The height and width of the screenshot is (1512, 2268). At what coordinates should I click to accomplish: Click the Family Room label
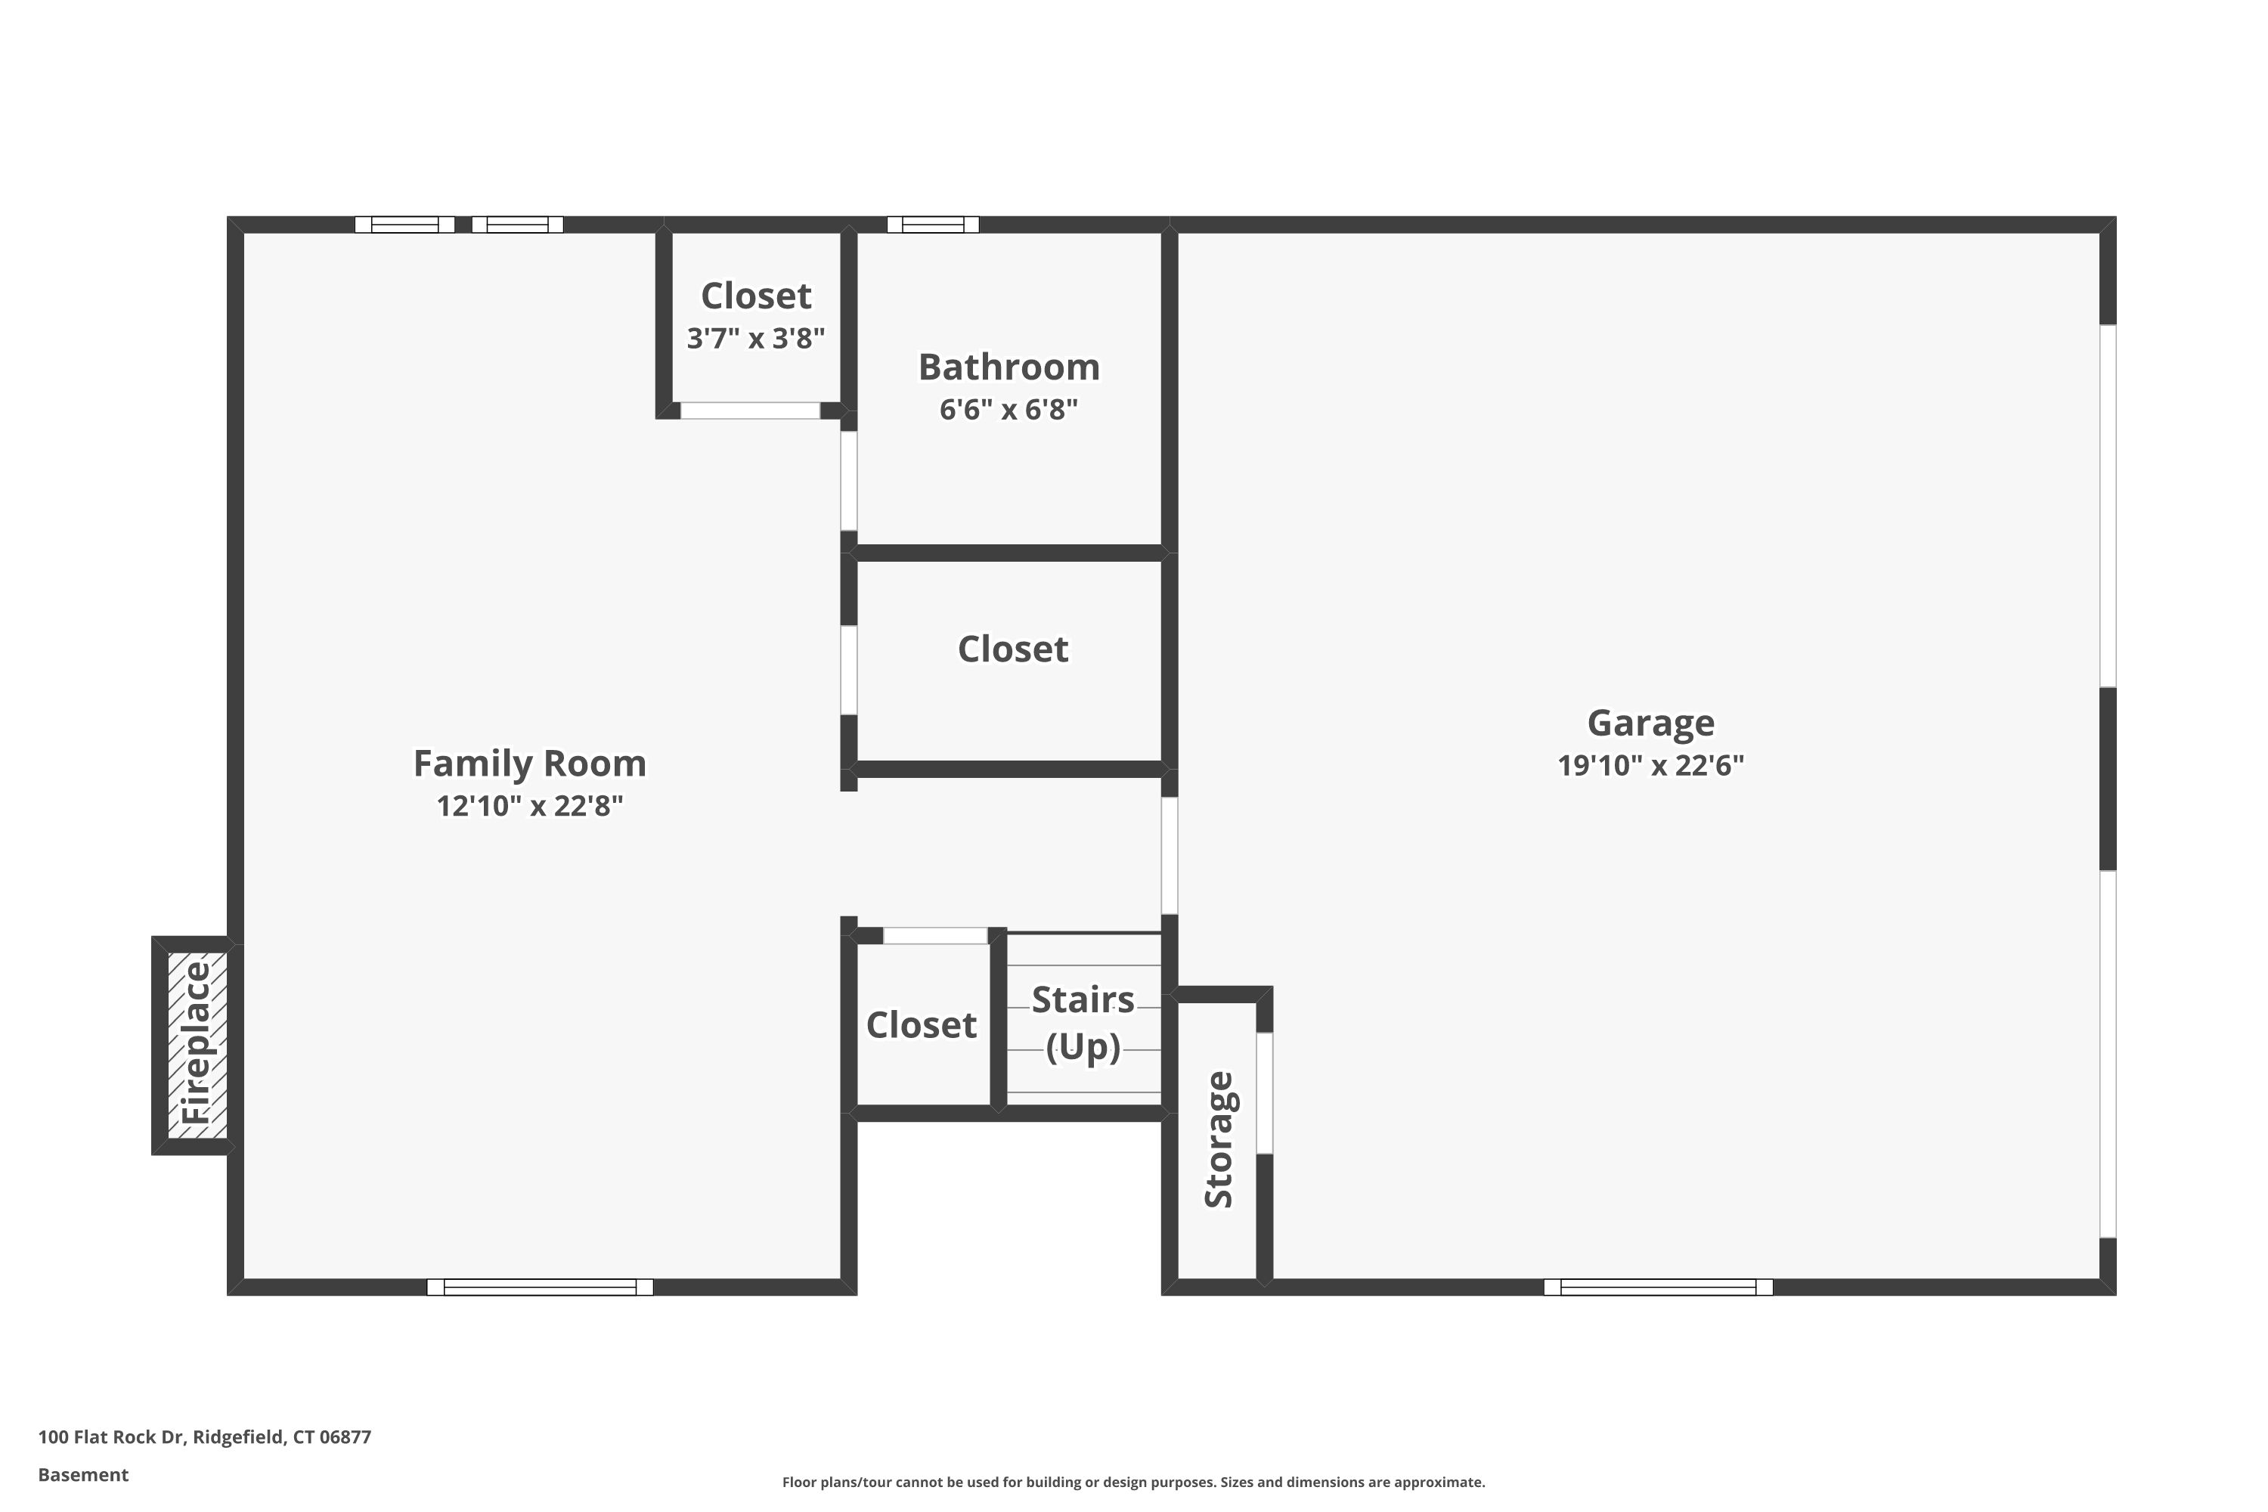[x=529, y=763]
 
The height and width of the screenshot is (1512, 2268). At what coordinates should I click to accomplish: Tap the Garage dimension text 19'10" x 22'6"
[x=1651, y=766]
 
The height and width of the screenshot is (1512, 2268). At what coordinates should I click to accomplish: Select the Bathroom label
[x=1009, y=367]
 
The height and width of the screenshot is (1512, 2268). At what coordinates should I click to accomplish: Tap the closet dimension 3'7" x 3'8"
[x=756, y=339]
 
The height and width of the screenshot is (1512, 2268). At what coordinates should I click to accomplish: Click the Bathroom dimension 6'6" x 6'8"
[x=1009, y=410]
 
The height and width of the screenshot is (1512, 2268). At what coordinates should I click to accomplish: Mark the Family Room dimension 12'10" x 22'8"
[x=529, y=806]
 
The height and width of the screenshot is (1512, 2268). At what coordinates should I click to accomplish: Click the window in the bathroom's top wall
[x=932, y=225]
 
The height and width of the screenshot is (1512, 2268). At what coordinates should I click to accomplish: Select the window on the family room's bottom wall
[x=540, y=1287]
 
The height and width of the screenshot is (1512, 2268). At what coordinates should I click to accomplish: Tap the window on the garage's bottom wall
[x=1658, y=1287]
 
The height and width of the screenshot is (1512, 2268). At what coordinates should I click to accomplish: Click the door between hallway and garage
[x=1169, y=855]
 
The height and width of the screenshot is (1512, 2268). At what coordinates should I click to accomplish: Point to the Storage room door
[x=1264, y=1092]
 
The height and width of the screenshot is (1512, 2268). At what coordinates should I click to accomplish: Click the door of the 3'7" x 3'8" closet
[x=750, y=411]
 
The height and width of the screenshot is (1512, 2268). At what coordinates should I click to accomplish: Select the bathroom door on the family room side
[x=848, y=480]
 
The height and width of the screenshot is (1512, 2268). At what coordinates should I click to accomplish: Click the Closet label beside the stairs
[x=921, y=1025]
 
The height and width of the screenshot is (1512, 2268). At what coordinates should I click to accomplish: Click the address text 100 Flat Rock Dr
[x=111, y=1437]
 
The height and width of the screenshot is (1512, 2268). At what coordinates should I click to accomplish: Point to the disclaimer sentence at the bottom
[x=1133, y=1482]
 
